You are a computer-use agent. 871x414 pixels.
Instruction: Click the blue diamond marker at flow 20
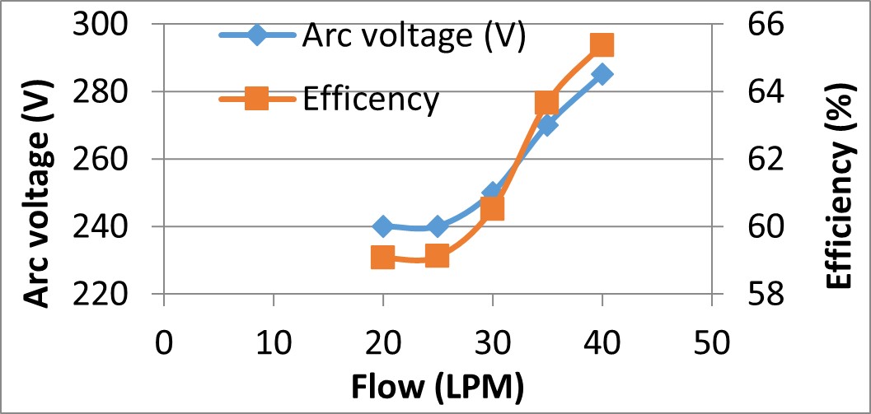382,226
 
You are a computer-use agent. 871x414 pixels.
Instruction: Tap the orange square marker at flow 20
382,258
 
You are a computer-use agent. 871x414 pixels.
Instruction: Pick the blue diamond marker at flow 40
602,74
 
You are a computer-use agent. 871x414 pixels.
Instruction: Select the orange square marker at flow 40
602,44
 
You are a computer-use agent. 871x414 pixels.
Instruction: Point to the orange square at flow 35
547,103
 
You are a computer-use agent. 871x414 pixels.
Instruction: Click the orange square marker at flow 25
438,257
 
